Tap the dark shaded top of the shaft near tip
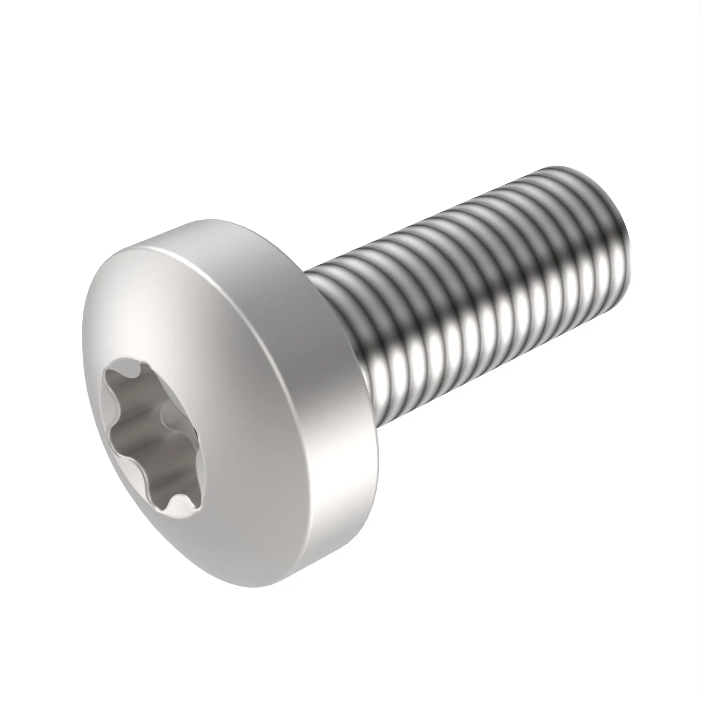click(566, 182)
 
